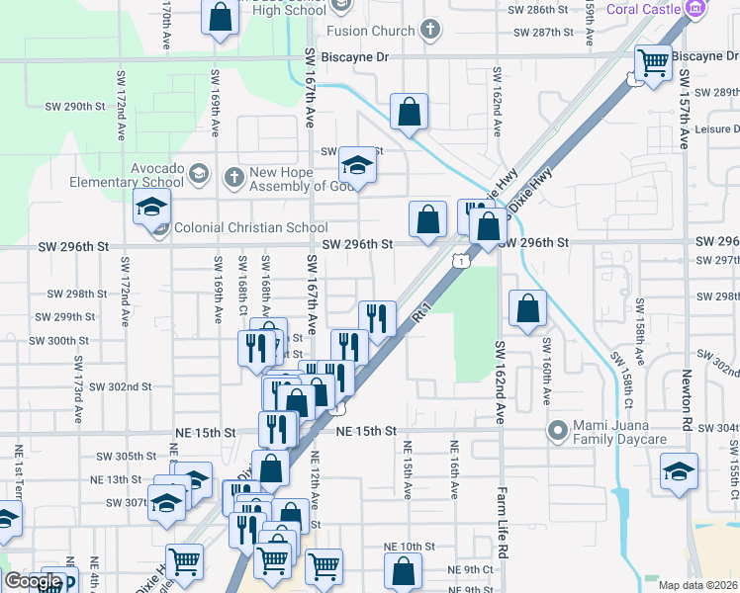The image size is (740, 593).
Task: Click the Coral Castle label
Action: click(642, 9)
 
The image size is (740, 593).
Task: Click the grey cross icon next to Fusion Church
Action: click(429, 30)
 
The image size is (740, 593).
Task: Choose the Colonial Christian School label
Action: click(250, 228)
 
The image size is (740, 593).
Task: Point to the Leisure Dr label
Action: click(716, 129)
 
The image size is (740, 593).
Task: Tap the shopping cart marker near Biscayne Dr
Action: click(653, 63)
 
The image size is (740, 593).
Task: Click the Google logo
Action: click(33, 581)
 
